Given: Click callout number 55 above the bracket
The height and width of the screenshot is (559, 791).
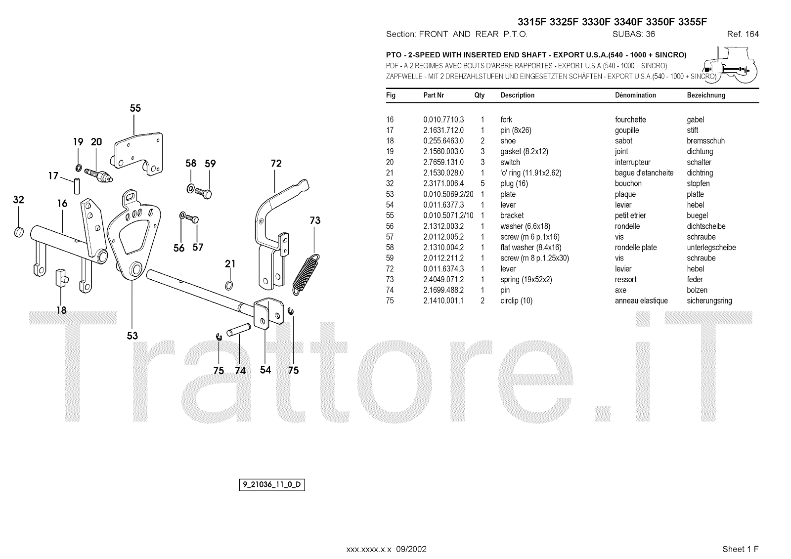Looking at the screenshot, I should coord(135,108).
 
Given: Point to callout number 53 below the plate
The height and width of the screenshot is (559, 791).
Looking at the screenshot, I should coord(132,336).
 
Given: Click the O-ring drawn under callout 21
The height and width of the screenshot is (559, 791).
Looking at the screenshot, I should coord(229,285).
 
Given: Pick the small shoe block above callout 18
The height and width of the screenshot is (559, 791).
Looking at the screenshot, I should coord(60,277).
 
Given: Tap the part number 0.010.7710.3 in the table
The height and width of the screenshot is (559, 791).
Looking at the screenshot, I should coord(443,120).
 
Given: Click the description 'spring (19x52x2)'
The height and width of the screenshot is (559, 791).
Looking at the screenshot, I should coord(526,280).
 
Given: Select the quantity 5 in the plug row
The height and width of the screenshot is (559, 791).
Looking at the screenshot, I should coord(483,183).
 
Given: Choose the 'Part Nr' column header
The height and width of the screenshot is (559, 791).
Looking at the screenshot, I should coord(434,95).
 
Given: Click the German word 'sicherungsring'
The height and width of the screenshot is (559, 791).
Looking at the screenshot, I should coord(709,301).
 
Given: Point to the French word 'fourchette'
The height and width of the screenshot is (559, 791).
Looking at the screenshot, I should coord(630,120).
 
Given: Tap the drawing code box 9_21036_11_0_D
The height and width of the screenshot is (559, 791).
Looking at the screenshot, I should coord(271,485).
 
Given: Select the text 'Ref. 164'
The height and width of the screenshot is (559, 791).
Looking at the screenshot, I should coord(743,34).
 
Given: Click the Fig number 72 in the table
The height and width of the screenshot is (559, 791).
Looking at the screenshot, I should coord(390,269).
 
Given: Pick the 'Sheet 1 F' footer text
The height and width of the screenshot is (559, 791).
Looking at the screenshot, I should coord(740,549).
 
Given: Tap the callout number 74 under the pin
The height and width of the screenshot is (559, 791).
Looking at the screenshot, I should coord(240,371).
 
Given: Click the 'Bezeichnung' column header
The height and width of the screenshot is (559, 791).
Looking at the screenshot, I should coord(705,95).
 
